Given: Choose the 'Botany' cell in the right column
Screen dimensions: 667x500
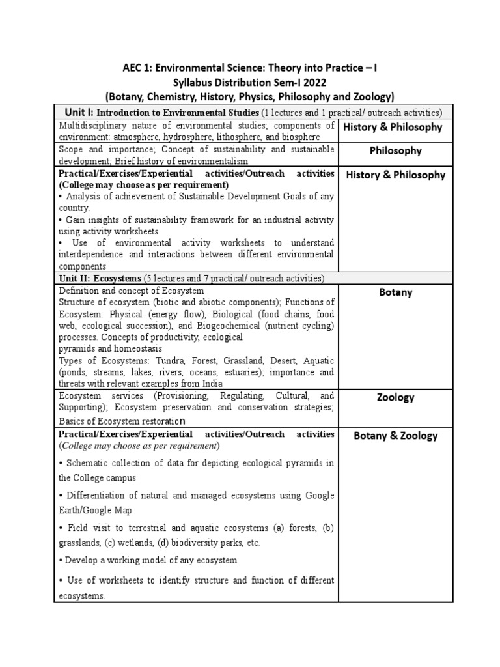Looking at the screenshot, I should (395, 292).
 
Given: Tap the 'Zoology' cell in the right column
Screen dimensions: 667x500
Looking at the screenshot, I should (395, 397).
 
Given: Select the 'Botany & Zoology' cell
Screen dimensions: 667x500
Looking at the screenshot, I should (395, 436).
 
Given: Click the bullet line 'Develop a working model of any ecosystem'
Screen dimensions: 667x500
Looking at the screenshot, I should (148, 560).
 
